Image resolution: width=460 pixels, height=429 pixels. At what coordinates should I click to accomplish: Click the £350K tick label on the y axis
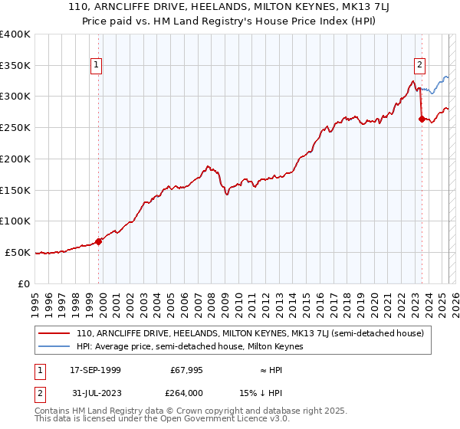coord(15,65)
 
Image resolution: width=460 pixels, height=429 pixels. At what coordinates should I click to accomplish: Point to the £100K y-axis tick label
coord(15,221)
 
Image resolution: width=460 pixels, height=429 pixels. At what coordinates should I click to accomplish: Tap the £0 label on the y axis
coord(25,283)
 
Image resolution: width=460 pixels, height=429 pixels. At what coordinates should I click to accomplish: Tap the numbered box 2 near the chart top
coord(420,65)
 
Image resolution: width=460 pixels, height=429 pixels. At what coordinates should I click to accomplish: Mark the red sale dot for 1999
coord(99,241)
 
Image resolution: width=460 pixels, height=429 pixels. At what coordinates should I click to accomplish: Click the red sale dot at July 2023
coord(422,119)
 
